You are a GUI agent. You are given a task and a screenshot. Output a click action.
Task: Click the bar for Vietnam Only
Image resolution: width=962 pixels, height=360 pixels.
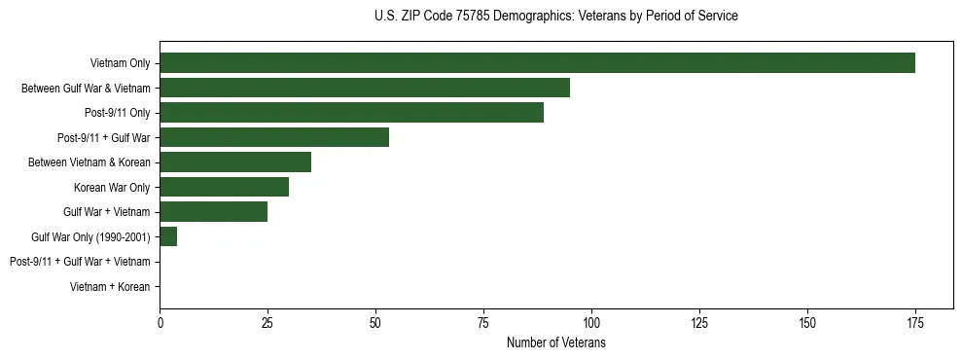click(537, 63)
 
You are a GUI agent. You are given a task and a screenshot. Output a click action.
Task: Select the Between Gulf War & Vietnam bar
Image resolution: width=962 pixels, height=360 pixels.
click(365, 88)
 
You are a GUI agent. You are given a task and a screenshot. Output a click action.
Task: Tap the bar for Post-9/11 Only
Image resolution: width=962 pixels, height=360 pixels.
click(351, 113)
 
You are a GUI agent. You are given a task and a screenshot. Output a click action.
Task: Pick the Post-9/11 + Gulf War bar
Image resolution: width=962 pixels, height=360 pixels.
click(274, 137)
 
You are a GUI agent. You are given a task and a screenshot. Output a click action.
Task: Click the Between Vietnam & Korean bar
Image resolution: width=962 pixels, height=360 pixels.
click(235, 162)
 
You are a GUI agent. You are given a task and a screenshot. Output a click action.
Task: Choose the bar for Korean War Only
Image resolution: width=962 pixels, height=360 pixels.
click(225, 187)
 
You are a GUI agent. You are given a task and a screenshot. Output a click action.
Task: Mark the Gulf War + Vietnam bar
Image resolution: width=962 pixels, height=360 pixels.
click(214, 212)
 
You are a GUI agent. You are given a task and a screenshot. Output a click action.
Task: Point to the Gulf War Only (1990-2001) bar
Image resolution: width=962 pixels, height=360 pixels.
click(168, 236)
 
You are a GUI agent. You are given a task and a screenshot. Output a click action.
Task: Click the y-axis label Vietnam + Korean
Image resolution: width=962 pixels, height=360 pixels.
click(110, 287)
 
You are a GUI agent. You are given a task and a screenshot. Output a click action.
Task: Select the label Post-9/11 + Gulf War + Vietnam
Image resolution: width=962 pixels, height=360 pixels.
click(80, 262)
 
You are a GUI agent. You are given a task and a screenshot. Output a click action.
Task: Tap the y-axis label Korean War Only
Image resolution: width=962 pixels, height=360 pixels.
click(112, 187)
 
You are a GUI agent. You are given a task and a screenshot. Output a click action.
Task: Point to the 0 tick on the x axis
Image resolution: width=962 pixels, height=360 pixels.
click(160, 321)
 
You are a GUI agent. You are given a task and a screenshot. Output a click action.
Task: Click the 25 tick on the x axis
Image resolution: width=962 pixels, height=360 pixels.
click(267, 321)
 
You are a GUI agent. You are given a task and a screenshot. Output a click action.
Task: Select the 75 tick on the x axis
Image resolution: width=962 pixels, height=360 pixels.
click(483, 321)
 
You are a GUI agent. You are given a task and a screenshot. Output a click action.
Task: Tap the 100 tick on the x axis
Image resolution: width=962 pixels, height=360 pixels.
click(591, 321)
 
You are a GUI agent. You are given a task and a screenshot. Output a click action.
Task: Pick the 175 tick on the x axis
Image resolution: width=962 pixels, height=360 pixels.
click(914, 321)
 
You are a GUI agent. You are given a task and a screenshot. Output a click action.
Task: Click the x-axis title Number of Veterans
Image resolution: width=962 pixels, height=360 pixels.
click(556, 342)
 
